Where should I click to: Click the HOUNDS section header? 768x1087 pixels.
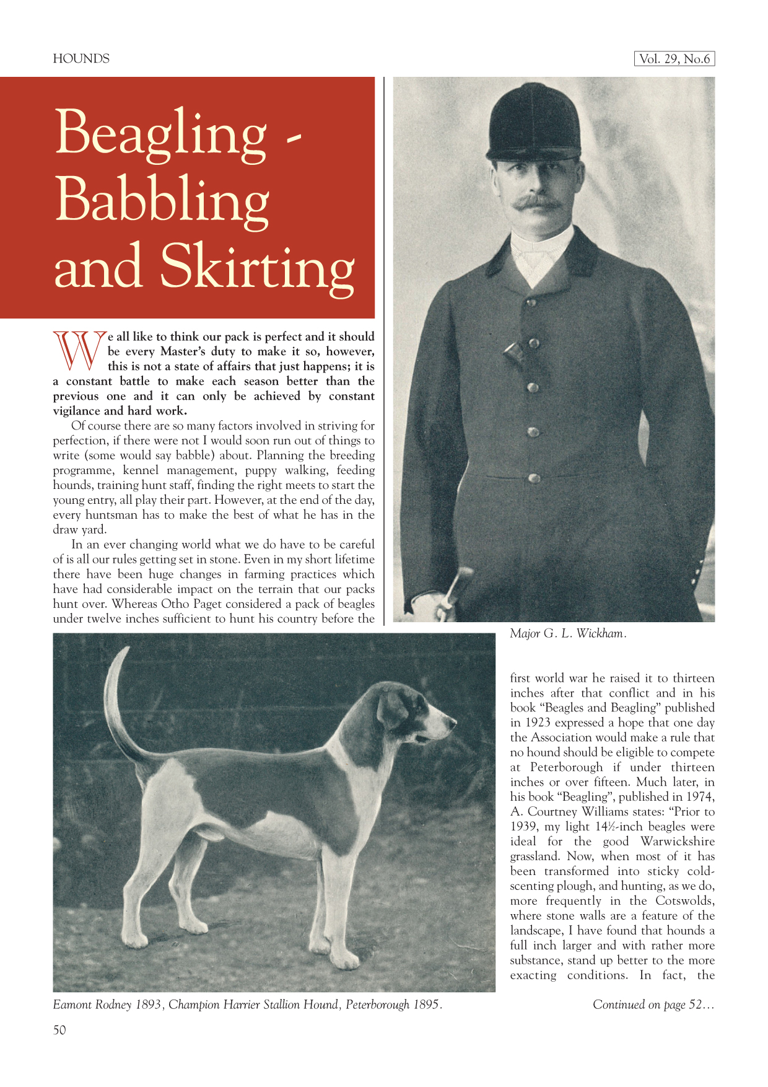tap(81, 59)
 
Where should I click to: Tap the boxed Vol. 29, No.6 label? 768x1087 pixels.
tap(674, 59)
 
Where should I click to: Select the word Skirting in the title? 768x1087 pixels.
tap(257, 268)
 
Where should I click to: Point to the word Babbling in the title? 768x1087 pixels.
tap(162, 201)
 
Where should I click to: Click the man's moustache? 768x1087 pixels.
tap(536, 203)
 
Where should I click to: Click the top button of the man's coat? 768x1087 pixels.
tap(531, 302)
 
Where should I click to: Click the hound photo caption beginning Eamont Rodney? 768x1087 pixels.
tap(248, 1005)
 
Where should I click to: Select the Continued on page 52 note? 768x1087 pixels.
tap(653, 1005)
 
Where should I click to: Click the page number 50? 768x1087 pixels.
tap(59, 1030)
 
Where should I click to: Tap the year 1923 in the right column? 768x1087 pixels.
tap(538, 723)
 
